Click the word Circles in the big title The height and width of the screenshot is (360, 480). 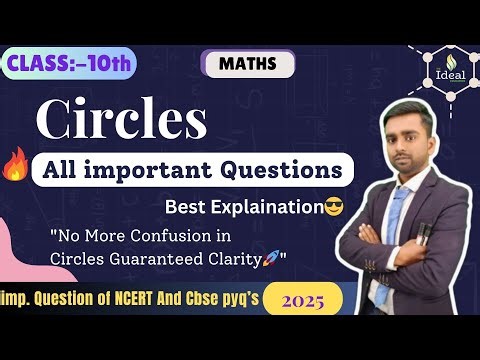[x=121, y=119]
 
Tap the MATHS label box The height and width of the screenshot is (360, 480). [x=248, y=64]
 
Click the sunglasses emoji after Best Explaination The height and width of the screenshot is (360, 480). [x=335, y=208]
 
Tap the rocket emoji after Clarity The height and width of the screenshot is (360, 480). [x=270, y=258]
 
